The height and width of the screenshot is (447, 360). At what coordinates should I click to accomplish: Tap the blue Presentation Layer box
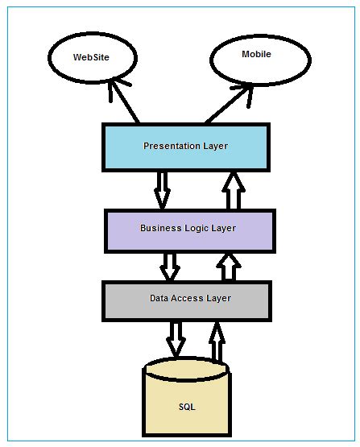(185, 147)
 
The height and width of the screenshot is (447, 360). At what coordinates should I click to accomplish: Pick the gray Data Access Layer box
(186, 299)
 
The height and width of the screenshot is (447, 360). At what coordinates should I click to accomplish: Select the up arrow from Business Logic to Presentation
(234, 190)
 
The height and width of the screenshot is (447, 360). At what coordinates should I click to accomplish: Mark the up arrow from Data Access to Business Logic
(230, 267)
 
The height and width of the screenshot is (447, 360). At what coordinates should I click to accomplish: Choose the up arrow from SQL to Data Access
(217, 341)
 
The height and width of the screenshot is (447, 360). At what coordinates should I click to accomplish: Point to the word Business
(159, 229)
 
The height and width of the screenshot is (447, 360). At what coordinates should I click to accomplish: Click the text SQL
(186, 407)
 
